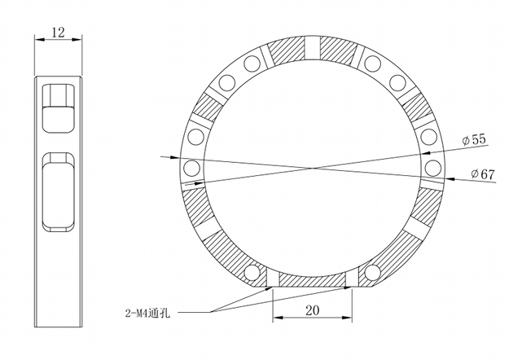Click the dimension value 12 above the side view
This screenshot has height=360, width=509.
(58, 32)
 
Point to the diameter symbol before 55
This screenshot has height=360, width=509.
(465, 141)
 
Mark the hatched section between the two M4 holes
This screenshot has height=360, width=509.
(312, 279)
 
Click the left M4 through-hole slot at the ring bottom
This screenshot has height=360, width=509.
(273, 279)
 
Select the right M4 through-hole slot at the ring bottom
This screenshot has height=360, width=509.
(352, 279)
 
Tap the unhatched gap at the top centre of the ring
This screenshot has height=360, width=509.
(314, 48)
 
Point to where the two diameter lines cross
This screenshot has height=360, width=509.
(312, 168)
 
